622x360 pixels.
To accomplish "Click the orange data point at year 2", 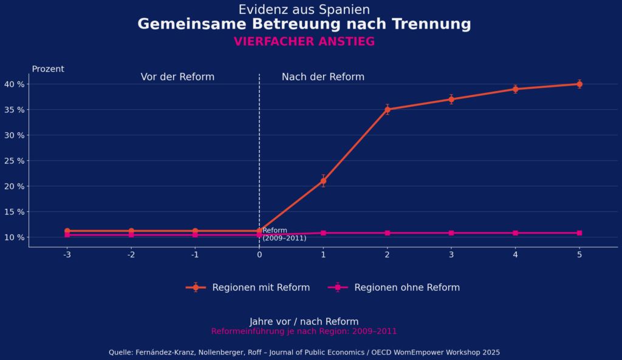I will pos(387,109).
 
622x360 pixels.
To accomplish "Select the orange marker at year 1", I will pos(323,181).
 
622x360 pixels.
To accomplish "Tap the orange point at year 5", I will pos(579,84).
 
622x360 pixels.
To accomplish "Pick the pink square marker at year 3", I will pos(451,233).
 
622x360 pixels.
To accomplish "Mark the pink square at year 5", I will pos(579,233).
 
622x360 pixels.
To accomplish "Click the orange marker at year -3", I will pos(67,231).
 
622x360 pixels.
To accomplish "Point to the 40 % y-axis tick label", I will pos(15,84).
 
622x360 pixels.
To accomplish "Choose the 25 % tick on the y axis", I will pos(15,160).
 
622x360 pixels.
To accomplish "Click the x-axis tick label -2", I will pos(131,255).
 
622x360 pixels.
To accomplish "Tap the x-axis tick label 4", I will pos(515,255).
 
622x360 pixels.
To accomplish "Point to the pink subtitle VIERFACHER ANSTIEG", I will pos(304,42).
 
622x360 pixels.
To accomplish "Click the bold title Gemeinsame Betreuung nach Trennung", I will pos(304,24).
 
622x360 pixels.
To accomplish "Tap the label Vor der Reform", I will pos(177,77).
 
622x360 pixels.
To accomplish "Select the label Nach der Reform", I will pos(323,77).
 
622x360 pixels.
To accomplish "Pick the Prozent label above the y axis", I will pos(48,69).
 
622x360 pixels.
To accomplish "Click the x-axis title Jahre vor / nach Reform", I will pos(304,322).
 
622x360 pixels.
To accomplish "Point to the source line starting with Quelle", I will pos(304,352).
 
